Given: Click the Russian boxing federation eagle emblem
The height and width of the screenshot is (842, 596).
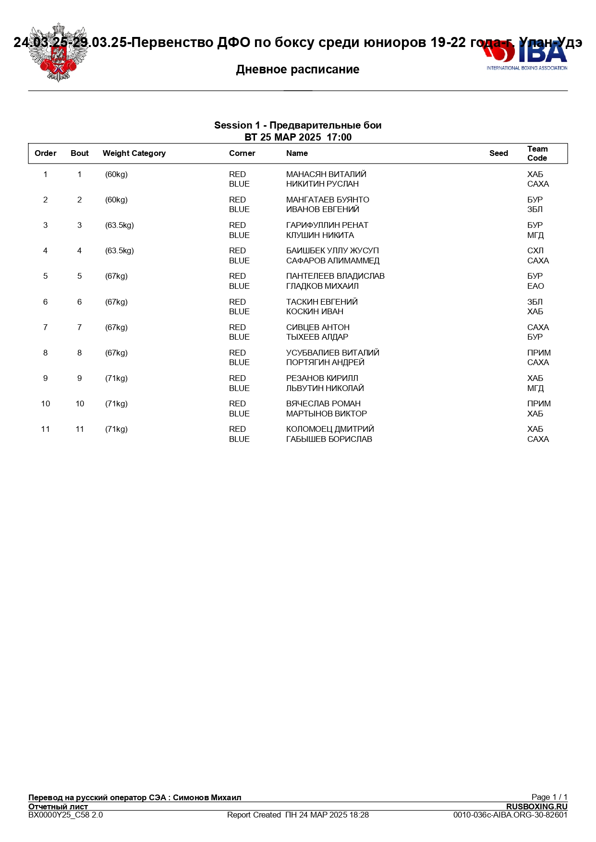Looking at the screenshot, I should click(58, 53).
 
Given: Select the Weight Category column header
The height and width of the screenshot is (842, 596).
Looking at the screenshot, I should click(134, 154).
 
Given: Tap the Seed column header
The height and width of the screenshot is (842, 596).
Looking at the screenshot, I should click(499, 154).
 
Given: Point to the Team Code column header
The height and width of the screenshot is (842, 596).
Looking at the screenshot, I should click(537, 154).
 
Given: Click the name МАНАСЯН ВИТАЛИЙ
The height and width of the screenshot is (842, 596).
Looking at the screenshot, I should click(326, 175).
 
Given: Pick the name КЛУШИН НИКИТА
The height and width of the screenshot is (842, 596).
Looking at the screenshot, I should click(320, 236).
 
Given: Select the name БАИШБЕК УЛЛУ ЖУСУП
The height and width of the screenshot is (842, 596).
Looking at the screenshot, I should click(332, 251).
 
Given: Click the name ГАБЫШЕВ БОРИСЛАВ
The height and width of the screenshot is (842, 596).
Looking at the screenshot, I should click(329, 439).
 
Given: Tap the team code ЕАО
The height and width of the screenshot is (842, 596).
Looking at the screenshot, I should click(535, 286).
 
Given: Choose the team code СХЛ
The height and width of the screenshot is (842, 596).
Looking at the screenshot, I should click(535, 251).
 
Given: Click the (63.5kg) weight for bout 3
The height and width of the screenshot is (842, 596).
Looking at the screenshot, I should click(120, 225).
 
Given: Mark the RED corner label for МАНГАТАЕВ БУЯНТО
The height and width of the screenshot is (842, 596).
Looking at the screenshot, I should click(237, 200).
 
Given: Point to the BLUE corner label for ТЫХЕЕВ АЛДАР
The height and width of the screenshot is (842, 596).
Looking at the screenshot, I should click(239, 337).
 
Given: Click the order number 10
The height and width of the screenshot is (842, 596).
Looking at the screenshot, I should click(46, 404).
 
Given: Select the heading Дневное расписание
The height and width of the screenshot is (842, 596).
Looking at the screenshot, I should click(298, 70).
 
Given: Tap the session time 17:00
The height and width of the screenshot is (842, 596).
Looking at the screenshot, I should click(339, 138).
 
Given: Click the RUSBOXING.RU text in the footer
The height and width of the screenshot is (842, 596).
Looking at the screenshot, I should click(536, 807).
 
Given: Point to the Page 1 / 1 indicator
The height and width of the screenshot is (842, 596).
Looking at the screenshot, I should click(549, 797).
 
